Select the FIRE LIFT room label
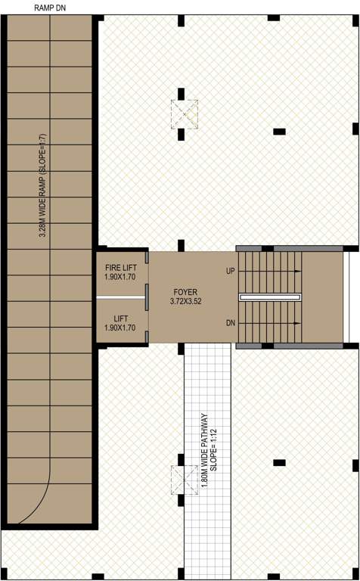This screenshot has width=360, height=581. (x=120, y=267)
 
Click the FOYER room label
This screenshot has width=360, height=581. (x=185, y=290)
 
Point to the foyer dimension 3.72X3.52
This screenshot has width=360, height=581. (x=185, y=301)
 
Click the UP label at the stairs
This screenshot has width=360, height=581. (x=231, y=270)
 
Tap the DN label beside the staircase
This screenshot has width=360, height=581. (x=231, y=323)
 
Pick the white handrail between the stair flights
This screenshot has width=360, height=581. (x=270, y=297)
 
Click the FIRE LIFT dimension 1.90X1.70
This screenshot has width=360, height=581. (x=120, y=277)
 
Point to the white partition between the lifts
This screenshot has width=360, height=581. (x=120, y=297)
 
